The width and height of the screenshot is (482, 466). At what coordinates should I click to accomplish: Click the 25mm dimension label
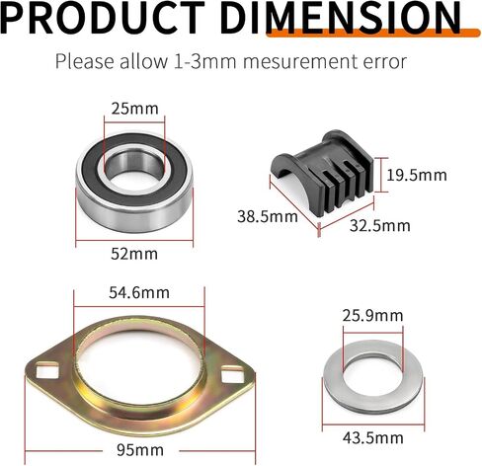point(134,109)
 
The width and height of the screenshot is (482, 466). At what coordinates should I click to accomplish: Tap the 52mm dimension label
point(134,254)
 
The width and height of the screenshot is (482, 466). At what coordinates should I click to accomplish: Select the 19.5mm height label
point(417,175)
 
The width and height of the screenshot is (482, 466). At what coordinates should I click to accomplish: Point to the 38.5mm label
point(268,216)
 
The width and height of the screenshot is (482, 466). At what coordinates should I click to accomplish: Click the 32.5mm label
point(380,226)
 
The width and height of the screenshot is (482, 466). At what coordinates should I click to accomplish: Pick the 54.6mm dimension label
point(139,292)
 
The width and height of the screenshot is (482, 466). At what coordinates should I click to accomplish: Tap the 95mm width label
point(140,449)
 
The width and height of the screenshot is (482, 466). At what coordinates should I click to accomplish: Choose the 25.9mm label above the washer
point(372,316)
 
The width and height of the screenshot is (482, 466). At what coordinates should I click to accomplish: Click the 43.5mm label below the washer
point(372,438)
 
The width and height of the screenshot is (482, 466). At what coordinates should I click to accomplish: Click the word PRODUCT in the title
point(103,17)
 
